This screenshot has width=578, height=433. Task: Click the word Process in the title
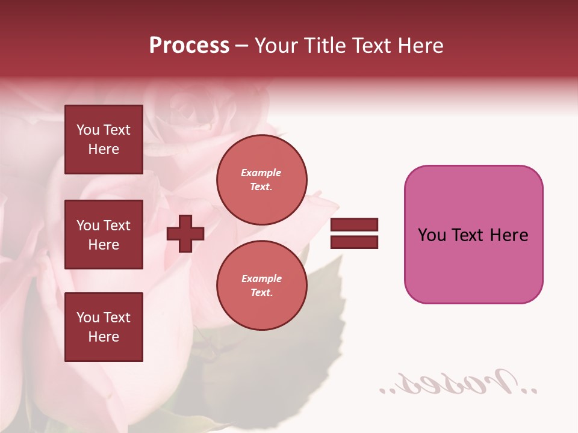click(x=189, y=46)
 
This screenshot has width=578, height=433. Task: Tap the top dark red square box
click(x=104, y=140)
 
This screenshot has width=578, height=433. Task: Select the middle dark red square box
click(x=104, y=235)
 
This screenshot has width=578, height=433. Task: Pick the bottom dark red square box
click(x=104, y=327)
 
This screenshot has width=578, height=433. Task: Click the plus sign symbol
click(x=185, y=233)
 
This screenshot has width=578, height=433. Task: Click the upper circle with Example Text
click(x=261, y=180)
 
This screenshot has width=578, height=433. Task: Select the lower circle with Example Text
click(x=261, y=286)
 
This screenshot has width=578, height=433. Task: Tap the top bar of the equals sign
click(x=354, y=225)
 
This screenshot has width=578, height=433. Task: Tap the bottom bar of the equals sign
click(x=354, y=242)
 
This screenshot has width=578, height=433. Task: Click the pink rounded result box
click(x=473, y=234)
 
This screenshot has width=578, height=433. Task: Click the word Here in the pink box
click(x=509, y=235)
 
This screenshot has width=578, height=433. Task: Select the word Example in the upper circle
click(x=261, y=173)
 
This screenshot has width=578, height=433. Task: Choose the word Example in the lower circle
click(x=261, y=278)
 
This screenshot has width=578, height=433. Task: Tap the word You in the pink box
click(x=432, y=235)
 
